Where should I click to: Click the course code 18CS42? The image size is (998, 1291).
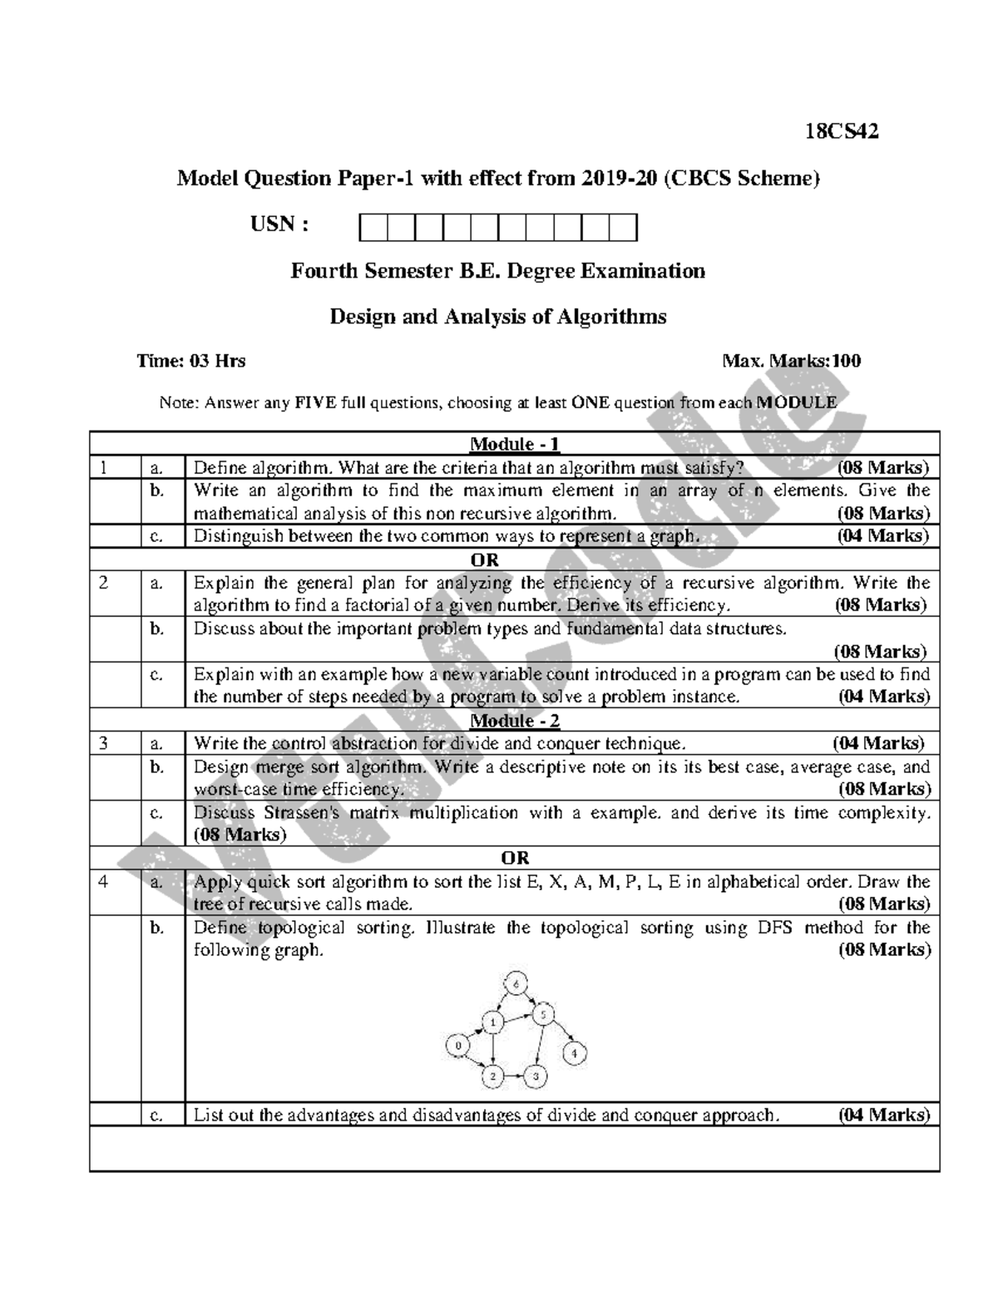click(841, 131)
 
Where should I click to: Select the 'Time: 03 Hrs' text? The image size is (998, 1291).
click(191, 361)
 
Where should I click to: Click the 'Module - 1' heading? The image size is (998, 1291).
click(514, 444)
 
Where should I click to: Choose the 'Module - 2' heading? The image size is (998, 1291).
click(514, 720)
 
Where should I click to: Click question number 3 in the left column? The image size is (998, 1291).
click(103, 743)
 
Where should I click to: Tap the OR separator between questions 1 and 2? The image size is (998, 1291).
click(514, 559)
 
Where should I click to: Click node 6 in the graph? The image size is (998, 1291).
click(516, 985)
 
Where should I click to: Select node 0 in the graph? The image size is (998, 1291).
click(457, 1044)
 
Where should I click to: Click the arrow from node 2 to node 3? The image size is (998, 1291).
click(515, 1077)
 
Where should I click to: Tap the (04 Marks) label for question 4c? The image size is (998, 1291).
click(883, 1115)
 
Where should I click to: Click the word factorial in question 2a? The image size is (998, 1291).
click(358, 605)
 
